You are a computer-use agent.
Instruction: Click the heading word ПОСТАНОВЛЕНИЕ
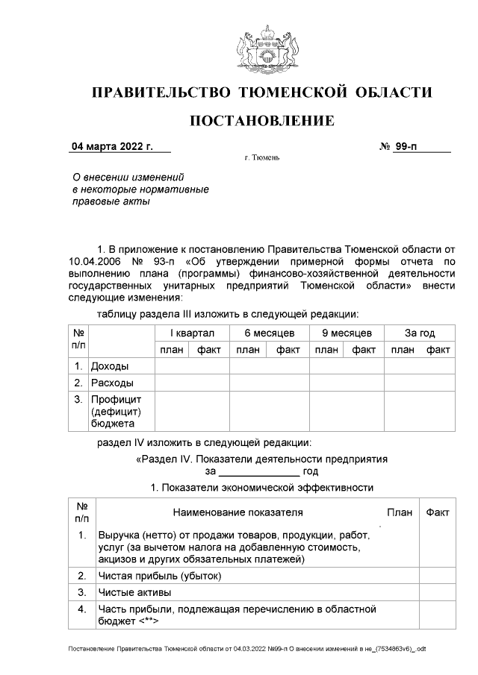261,121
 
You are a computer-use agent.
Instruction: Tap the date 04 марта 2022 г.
112,147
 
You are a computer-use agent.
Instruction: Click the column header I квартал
192,333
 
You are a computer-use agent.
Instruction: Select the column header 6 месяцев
269,333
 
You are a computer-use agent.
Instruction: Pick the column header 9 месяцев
347,333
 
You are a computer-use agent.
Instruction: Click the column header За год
420,333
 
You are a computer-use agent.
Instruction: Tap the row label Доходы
109,366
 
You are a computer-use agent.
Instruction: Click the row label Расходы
112,383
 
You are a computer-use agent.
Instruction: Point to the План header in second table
400,513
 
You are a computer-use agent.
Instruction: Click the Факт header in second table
437,513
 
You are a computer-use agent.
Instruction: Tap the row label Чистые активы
135,593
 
